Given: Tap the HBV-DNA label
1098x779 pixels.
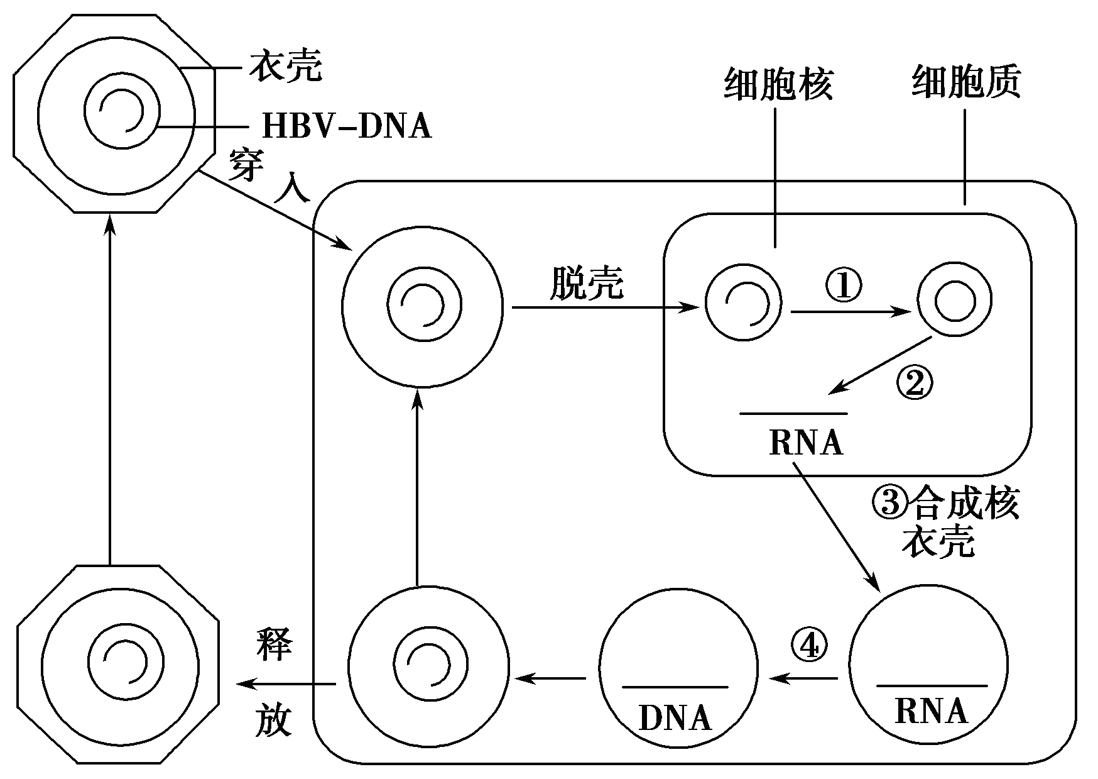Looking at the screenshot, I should pos(346,126).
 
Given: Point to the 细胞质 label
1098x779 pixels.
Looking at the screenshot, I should pos(965,82).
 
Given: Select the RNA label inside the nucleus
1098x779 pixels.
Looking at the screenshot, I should pos(805,443).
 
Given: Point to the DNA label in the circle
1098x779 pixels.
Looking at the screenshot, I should pos(675,718).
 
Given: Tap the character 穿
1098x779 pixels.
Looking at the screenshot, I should pos(245,165).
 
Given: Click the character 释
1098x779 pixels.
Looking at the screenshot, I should pos(274,643).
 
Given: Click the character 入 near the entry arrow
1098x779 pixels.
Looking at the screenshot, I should pos(292,187).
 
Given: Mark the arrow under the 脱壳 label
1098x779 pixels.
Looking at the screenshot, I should pos(604,307).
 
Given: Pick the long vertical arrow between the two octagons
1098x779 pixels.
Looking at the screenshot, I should pos(110,390).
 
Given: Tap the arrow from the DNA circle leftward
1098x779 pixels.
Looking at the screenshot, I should pos(551,678).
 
